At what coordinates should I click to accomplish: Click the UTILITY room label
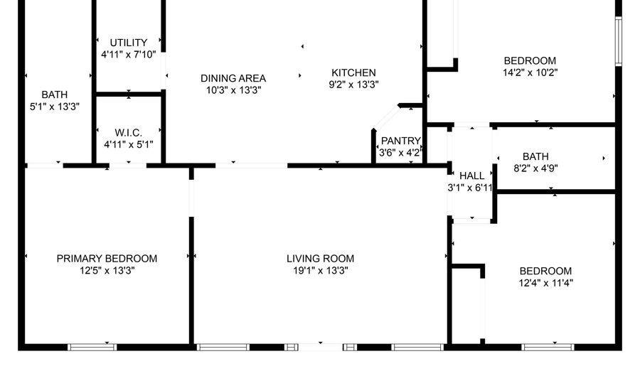pos(129,43)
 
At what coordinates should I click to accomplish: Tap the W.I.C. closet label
pos(129,133)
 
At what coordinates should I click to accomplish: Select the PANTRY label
pos(401,141)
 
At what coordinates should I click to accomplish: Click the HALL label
pos(471,176)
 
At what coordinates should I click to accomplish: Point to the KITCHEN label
pos(353,72)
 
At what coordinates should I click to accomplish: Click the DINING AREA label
pos(233,78)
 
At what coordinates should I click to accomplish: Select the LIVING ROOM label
pos(320,259)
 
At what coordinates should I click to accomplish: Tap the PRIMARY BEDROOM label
pos(107,259)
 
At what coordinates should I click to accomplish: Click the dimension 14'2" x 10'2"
pos(530,72)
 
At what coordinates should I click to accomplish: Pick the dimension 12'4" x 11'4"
pos(545,282)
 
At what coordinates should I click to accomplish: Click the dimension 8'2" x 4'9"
pos(545,168)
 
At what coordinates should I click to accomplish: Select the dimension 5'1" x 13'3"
pos(54,106)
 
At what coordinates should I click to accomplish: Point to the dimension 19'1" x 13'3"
pos(320,270)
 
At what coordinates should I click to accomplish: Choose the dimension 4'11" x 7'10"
pos(129,54)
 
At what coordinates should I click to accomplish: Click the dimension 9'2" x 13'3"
pos(353,84)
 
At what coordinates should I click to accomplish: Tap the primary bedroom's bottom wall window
pos(92,347)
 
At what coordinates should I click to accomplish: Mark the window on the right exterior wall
pos(618,41)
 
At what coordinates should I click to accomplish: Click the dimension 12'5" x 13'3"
pos(107,270)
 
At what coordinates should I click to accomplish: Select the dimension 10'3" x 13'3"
pos(233,90)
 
